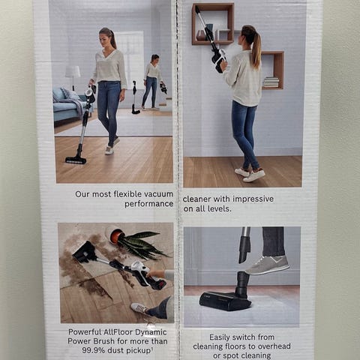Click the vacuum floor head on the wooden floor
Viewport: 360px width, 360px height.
(x=76, y=160)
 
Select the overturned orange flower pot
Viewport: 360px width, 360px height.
(x=115, y=234)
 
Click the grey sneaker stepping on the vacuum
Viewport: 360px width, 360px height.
(x=267, y=265)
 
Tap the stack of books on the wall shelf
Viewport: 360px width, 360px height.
(x=271, y=82)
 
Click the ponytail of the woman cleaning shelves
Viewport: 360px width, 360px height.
(x=257, y=50)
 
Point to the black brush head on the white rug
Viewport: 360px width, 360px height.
(x=225, y=301)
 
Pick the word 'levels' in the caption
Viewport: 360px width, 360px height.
(x=219, y=208)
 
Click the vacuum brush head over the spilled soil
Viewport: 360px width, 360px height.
(x=85, y=251)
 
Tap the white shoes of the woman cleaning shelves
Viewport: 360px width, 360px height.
(x=250, y=174)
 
